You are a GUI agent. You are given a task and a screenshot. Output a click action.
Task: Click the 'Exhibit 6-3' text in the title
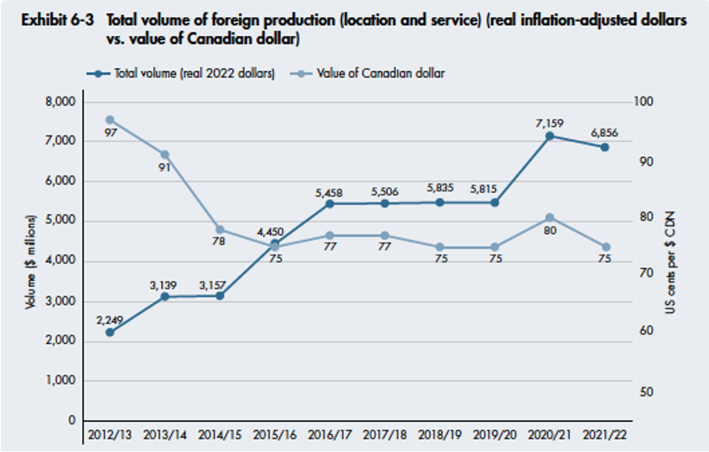click(53, 21)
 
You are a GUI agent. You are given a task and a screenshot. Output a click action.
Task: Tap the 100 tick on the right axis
click(646, 102)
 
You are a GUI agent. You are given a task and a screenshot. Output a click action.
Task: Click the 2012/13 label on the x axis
click(109, 434)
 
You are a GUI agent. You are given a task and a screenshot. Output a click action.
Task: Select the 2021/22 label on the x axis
click(604, 434)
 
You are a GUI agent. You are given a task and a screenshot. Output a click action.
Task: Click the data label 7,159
click(549, 123)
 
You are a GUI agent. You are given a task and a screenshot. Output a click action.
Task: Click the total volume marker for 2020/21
click(549, 136)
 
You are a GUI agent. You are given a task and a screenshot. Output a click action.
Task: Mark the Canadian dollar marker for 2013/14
click(165, 154)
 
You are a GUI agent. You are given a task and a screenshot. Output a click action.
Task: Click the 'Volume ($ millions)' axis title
click(32, 260)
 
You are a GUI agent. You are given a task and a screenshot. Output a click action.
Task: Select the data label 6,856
click(604, 133)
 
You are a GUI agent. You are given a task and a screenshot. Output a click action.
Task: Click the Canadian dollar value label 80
click(549, 231)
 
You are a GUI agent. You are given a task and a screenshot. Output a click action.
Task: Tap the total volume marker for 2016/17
click(330, 203)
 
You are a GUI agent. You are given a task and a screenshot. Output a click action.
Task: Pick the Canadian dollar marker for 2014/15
click(219, 229)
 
